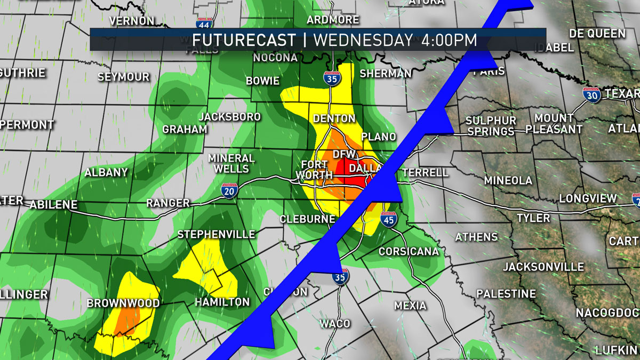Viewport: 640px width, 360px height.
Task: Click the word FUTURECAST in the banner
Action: click(244, 40)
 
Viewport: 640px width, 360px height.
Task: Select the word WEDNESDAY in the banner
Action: click(363, 40)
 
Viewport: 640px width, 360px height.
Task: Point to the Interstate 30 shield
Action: click(593, 94)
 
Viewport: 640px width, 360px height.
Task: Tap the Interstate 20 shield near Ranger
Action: click(229, 191)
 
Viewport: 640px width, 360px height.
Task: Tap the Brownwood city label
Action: click(123, 303)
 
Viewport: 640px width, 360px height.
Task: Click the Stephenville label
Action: click(216, 235)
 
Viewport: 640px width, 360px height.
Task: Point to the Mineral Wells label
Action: click(231, 163)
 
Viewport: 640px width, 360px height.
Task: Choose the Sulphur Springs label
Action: click(491, 126)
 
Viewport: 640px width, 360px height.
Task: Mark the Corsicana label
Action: click(409, 251)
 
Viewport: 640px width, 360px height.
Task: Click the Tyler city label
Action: click(533, 218)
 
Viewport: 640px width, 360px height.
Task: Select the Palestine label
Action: click(506, 294)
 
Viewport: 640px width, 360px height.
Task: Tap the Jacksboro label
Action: click(229, 117)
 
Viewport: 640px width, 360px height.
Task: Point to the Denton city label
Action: click(334, 118)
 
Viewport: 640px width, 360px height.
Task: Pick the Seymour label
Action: click(123, 77)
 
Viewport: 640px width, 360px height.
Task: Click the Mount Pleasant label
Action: click(554, 123)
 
